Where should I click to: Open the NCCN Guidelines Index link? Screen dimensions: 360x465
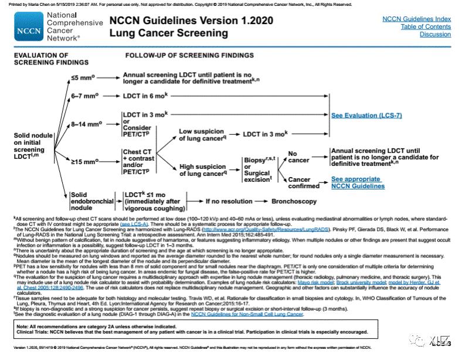click(416, 19)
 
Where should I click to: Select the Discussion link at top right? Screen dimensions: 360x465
click(435, 35)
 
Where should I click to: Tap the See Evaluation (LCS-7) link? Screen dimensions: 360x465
click(366, 116)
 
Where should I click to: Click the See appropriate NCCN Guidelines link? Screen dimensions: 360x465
click(358, 182)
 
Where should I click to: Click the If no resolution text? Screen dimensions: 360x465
click(226, 201)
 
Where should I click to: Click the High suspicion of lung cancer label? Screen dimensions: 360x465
click(202, 171)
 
